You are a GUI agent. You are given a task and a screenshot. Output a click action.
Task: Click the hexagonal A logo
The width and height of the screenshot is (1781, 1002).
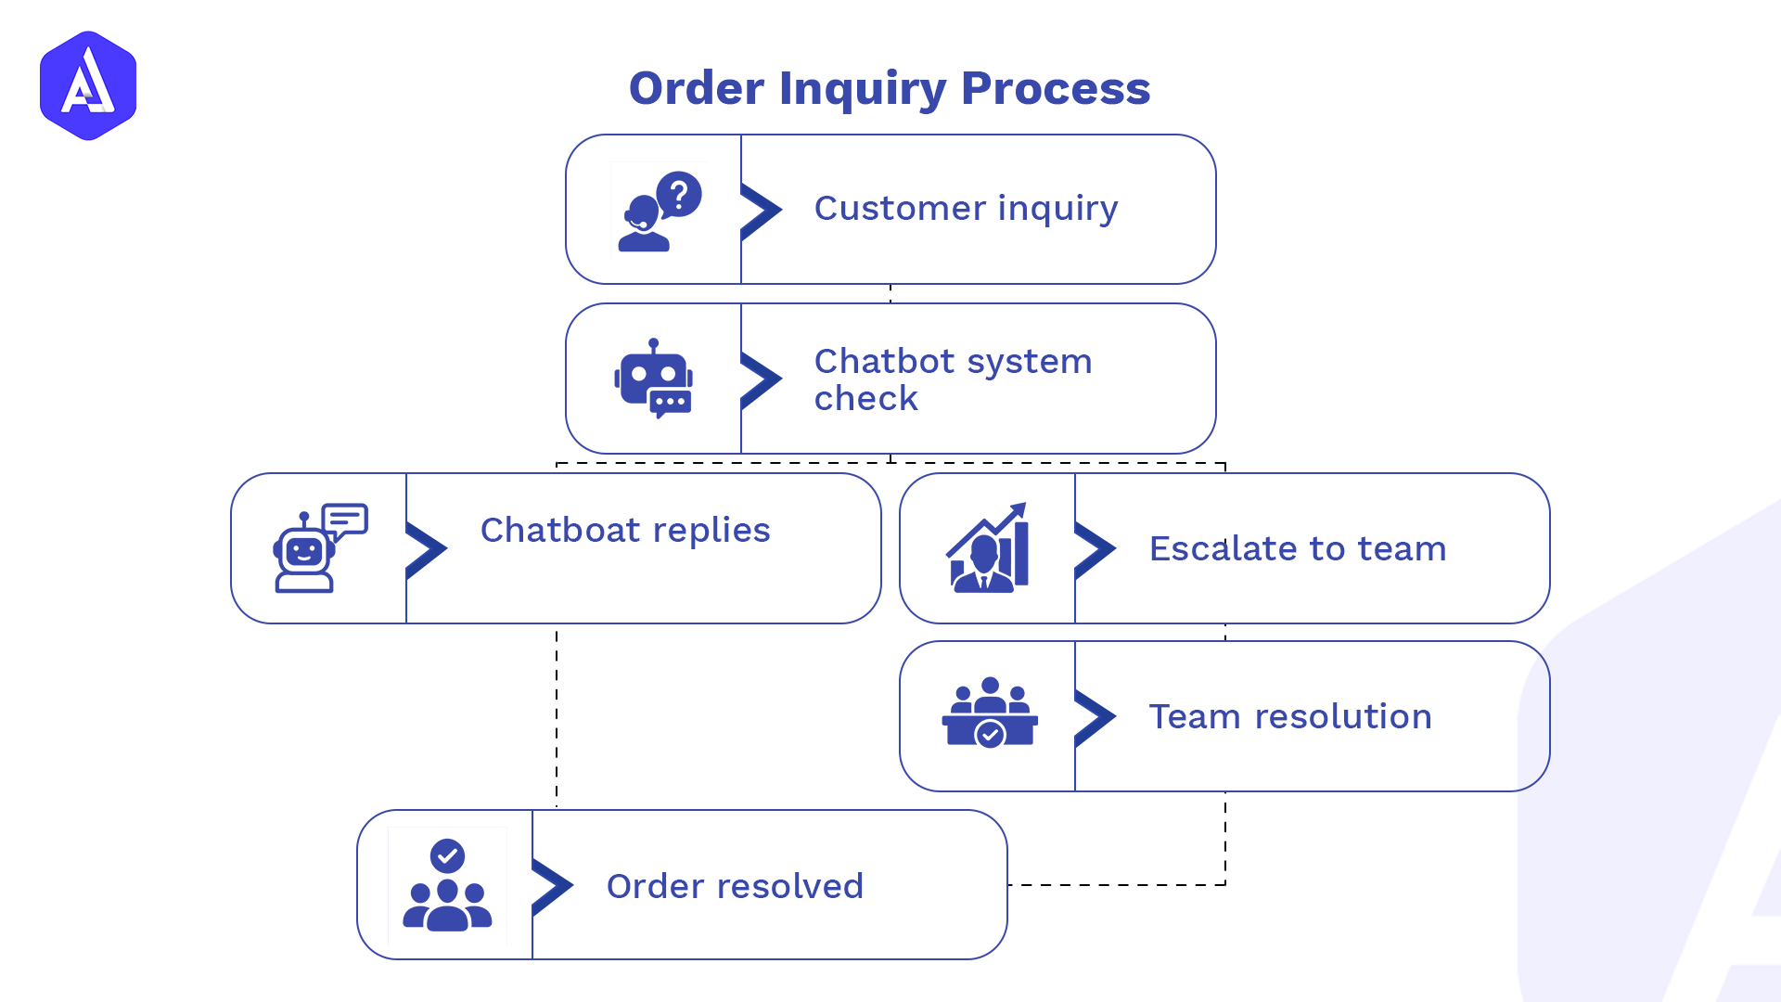point(88,85)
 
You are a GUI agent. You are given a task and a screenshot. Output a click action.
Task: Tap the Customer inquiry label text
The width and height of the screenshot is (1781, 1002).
point(966,209)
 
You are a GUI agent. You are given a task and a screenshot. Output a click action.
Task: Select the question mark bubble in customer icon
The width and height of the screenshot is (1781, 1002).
point(680,195)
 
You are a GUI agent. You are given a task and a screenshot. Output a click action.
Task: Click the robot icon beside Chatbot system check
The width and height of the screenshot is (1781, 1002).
point(654,379)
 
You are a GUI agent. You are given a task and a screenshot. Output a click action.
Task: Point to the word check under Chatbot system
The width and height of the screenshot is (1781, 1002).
point(865,399)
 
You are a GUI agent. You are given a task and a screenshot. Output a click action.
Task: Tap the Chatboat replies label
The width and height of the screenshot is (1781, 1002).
point(625,531)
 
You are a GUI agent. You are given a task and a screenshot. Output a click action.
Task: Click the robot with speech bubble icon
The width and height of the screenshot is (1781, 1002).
point(319,547)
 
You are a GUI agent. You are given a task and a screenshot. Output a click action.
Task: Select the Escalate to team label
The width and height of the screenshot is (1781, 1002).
point(1297,549)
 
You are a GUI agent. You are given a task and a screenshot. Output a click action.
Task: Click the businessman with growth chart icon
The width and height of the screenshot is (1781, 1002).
point(988,548)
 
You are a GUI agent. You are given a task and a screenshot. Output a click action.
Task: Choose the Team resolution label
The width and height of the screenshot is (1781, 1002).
point(1290,717)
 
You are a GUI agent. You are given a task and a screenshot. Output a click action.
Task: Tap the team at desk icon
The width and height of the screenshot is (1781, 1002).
point(990,713)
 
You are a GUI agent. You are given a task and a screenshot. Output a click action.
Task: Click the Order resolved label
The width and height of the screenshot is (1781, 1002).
point(735,887)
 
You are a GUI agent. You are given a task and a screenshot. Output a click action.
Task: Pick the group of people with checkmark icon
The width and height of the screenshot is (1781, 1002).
point(447,885)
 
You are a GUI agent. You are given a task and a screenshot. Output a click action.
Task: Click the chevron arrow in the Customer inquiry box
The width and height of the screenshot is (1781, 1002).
point(761,211)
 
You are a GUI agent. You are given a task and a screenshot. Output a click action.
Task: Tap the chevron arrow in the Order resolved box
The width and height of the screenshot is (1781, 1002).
point(552,886)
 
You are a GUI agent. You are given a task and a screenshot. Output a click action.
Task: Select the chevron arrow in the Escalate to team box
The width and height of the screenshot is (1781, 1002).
point(1095,549)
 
